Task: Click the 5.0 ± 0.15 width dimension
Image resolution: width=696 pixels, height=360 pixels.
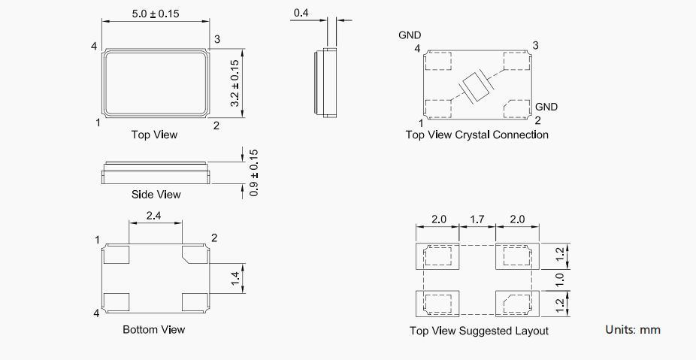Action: (156, 14)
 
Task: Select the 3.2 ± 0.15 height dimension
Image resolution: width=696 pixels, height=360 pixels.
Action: (235, 83)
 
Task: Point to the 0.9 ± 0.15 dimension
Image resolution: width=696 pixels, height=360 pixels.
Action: (254, 173)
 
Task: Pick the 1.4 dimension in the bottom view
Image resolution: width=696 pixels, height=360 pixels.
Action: (235, 279)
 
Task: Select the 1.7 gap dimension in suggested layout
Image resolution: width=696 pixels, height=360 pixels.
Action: (478, 219)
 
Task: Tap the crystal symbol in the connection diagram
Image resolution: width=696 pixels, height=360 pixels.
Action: (476, 87)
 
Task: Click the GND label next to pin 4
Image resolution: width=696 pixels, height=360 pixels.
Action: (410, 35)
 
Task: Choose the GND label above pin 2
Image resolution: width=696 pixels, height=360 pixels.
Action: (546, 107)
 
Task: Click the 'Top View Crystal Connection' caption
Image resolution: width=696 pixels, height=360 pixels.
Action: (477, 135)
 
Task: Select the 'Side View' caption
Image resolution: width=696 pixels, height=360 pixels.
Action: (156, 195)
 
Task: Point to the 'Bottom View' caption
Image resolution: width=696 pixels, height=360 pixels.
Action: (153, 329)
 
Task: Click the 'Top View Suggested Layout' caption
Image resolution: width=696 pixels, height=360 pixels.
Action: (479, 331)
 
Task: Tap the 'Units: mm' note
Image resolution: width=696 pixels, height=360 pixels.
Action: (633, 330)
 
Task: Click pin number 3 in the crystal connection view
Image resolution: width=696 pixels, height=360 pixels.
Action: (535, 45)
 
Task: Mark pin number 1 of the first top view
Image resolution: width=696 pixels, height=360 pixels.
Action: (98, 123)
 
